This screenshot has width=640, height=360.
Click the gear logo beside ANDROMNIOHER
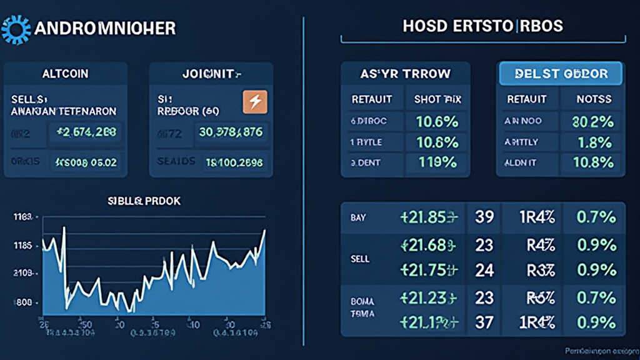16,29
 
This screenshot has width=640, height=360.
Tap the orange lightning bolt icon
255,101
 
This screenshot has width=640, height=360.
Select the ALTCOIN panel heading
65,74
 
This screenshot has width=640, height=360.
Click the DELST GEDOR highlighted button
561,74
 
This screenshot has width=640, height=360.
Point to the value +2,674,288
86,132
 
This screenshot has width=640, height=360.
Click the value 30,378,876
231,132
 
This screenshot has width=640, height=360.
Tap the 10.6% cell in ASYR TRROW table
437,122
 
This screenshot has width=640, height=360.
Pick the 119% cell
437,162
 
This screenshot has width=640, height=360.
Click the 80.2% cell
592,122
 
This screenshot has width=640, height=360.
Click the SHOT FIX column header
437,99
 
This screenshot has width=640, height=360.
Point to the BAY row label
359,217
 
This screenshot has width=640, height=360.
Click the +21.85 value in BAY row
429,217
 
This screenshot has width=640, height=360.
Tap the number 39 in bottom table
484,217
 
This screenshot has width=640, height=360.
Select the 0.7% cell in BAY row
594,217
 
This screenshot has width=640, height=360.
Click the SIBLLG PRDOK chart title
154,202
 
